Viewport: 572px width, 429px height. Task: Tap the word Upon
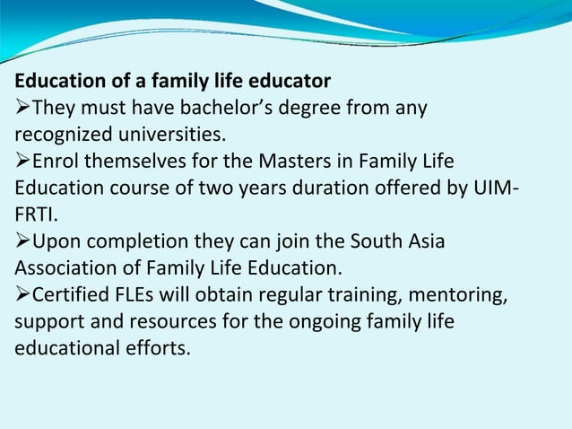coord(56,241)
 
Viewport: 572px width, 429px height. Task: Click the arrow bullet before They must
coord(22,109)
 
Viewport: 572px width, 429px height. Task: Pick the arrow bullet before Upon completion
coord(22,241)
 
